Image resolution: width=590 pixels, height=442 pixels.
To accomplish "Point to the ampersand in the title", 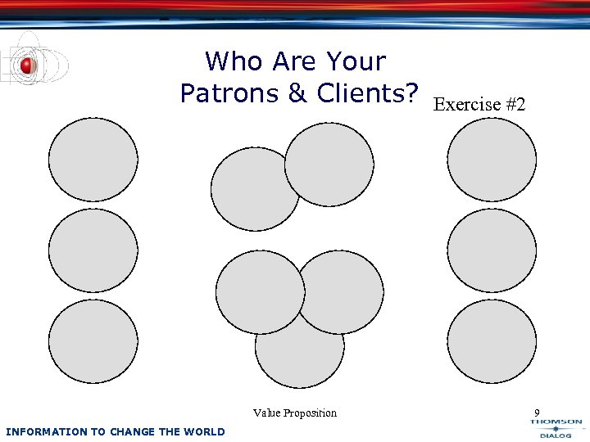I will click(x=298, y=93).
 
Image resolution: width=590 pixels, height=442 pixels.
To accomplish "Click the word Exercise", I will click(x=465, y=105).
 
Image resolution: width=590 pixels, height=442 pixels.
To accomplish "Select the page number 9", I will click(x=537, y=413).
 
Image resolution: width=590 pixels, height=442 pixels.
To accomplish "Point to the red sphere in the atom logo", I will click(x=27, y=65).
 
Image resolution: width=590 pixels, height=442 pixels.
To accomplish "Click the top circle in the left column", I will click(x=93, y=160).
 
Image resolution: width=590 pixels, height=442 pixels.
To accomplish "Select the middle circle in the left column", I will click(x=93, y=250).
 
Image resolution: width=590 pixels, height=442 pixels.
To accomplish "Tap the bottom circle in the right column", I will click(x=492, y=341).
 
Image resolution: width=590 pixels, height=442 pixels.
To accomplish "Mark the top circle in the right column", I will click(x=492, y=160).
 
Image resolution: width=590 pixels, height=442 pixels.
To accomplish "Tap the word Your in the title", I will click(x=356, y=61).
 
